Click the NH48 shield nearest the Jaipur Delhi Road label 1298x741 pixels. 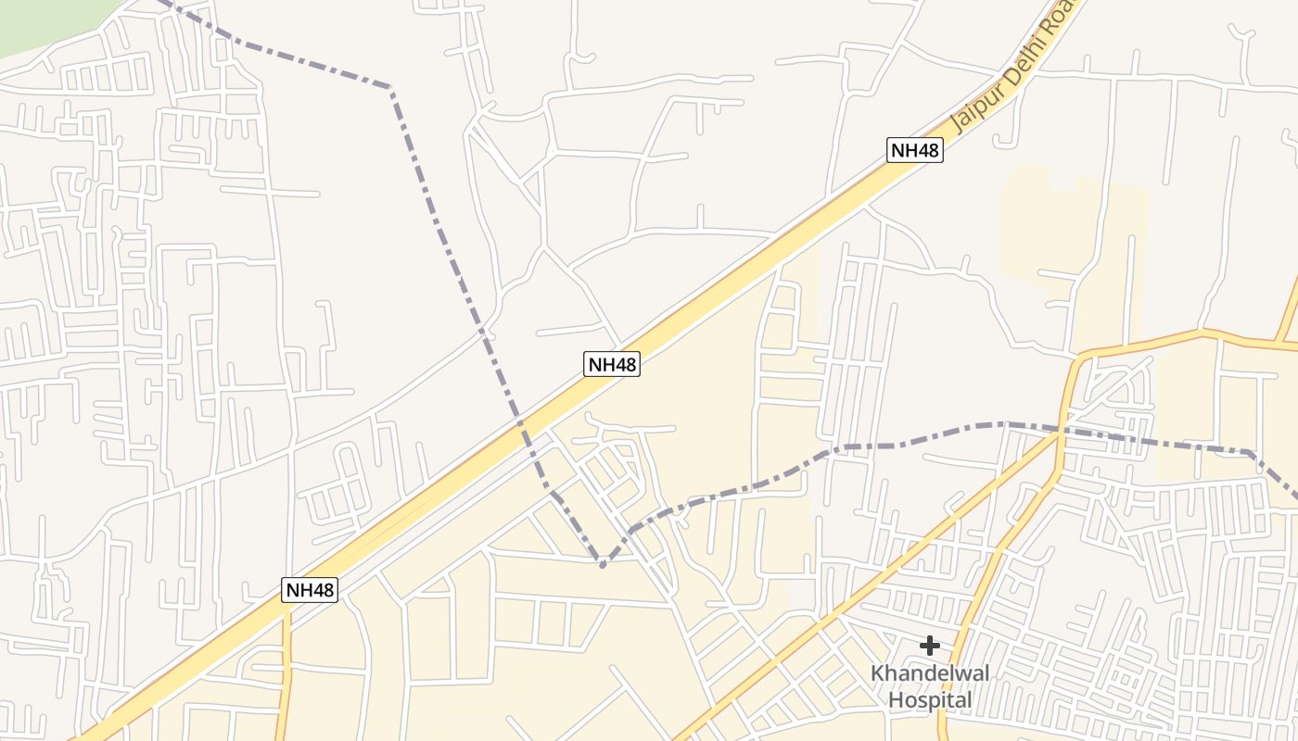[x=914, y=150]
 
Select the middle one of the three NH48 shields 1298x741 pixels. [x=612, y=364]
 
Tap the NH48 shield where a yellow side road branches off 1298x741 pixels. [x=310, y=590]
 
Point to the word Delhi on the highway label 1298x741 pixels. [x=1020, y=72]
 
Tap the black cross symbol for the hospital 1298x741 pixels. [x=929, y=646]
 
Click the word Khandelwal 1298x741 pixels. [x=930, y=673]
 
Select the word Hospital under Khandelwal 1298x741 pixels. [x=930, y=700]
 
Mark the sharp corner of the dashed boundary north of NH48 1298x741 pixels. [x=391, y=89]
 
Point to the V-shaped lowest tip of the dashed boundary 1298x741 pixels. [x=603, y=563]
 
